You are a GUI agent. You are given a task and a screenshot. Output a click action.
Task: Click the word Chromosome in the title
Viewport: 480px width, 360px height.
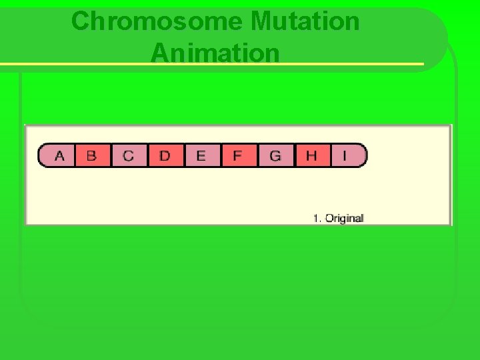157,21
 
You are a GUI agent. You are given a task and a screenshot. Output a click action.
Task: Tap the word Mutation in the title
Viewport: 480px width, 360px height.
305,21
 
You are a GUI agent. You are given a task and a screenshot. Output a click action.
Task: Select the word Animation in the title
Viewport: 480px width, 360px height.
215,53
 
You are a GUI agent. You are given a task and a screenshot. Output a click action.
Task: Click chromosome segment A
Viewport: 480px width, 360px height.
59,155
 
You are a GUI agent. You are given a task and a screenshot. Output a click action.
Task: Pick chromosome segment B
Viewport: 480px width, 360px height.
92,155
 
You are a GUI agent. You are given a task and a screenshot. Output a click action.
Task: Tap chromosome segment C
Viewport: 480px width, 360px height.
128,155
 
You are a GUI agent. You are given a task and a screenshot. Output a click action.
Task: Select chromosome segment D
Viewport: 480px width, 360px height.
165,155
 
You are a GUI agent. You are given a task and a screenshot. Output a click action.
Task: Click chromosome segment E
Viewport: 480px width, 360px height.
201,155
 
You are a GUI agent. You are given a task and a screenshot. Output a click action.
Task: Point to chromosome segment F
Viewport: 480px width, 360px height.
237,155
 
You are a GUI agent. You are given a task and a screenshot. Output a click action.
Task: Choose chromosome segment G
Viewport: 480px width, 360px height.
275,155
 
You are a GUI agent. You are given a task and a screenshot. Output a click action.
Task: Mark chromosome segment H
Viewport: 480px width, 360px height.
311,155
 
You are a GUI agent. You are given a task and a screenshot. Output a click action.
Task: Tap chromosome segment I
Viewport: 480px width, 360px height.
345,155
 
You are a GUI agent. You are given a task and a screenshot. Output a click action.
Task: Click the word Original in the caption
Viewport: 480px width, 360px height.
344,218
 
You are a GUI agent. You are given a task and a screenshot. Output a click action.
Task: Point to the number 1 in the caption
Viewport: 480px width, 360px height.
316,218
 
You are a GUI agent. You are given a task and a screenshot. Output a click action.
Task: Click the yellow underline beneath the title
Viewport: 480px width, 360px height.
213,65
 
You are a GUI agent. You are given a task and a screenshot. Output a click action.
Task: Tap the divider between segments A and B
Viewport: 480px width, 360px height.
75,155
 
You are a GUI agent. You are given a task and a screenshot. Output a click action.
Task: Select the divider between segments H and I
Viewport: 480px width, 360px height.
330,155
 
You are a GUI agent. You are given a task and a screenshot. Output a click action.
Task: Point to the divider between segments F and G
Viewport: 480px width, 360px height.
257,155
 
